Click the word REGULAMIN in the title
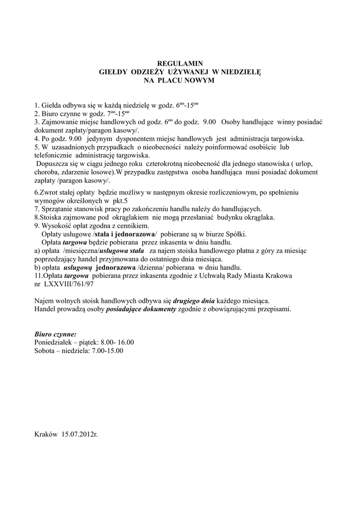(x=180, y=64)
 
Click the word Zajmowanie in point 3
(x=59, y=122)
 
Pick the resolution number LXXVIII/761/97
(x=69, y=284)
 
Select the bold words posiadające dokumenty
(x=141, y=309)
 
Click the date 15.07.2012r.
(x=80, y=434)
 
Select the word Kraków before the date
(x=46, y=434)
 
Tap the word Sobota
(x=45, y=350)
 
